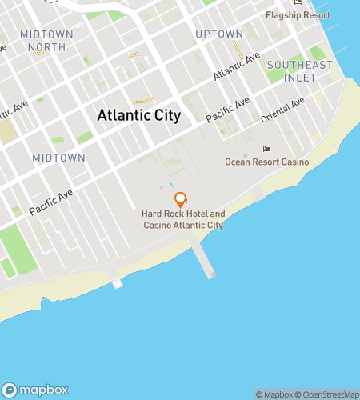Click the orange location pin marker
click(x=180, y=199)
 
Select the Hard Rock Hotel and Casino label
click(x=182, y=220)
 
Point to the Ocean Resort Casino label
click(x=266, y=162)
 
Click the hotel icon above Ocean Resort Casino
click(x=267, y=150)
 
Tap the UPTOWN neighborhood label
click(x=219, y=34)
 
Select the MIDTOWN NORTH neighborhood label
click(x=47, y=42)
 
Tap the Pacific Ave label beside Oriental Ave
click(x=228, y=110)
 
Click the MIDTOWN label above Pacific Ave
click(x=59, y=158)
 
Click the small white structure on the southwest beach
click(x=118, y=282)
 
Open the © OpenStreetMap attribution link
click(x=328, y=394)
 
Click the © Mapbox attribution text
click(x=274, y=394)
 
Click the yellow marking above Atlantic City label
click(x=143, y=101)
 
